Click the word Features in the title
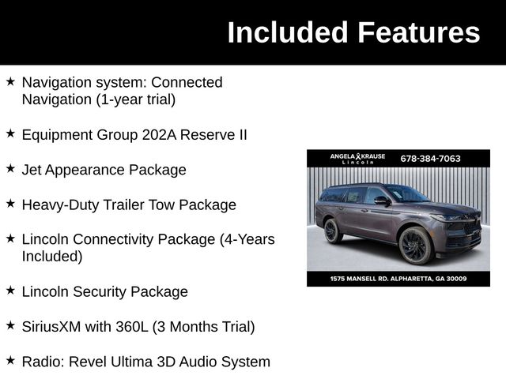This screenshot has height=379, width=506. pos(418,33)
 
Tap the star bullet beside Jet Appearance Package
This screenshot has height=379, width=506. pos(10,168)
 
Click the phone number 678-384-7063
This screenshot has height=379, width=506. pos(430,159)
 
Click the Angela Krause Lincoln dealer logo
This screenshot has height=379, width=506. pos(357,159)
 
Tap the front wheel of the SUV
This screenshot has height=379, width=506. pos(416,246)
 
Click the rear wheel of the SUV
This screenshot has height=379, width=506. pos(333,231)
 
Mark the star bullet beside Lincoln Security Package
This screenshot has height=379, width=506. pos(10,290)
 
